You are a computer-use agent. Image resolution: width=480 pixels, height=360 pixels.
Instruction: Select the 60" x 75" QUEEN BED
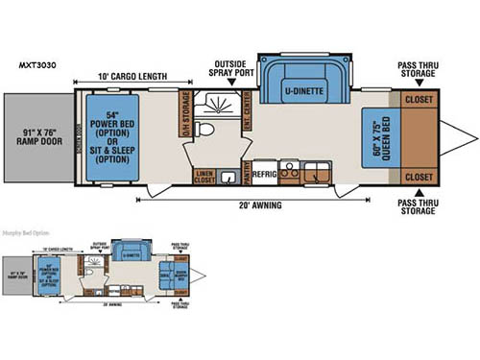382,138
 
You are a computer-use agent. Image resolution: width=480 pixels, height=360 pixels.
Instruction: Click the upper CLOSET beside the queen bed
419,98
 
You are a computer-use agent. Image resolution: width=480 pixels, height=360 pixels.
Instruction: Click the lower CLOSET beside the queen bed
419,178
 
